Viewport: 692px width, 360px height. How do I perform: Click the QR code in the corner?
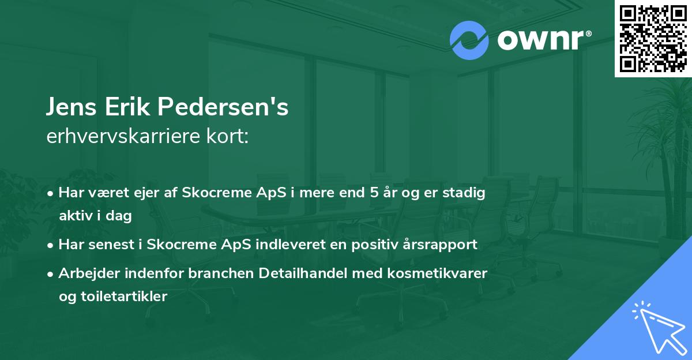point(653,39)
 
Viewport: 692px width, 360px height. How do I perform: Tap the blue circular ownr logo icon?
point(468,40)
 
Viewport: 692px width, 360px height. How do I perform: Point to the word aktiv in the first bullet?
point(74,216)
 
